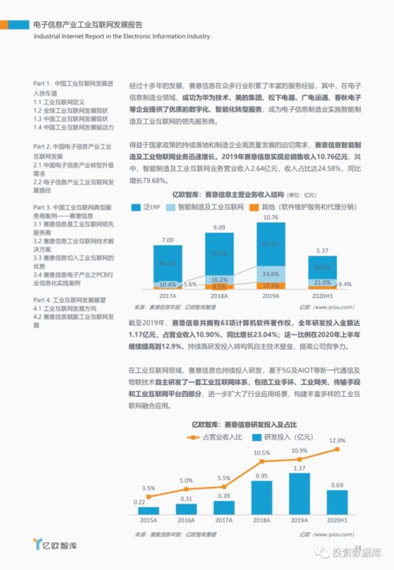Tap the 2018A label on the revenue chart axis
[219, 295]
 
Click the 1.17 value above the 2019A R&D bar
[298, 467]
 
